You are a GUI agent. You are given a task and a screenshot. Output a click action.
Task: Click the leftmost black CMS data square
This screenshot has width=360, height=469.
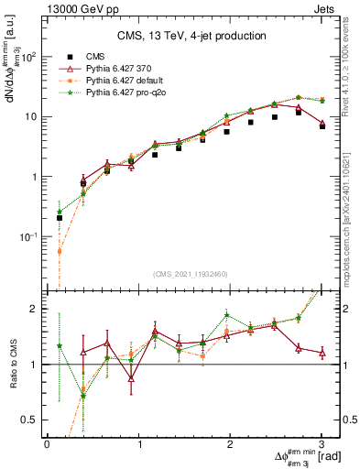pyautogui.click(x=60, y=218)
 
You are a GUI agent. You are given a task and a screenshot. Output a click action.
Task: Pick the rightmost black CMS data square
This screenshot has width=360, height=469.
pyautogui.click(x=322, y=126)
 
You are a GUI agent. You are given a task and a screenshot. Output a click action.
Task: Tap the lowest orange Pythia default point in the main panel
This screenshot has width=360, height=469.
pyautogui.click(x=60, y=251)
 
